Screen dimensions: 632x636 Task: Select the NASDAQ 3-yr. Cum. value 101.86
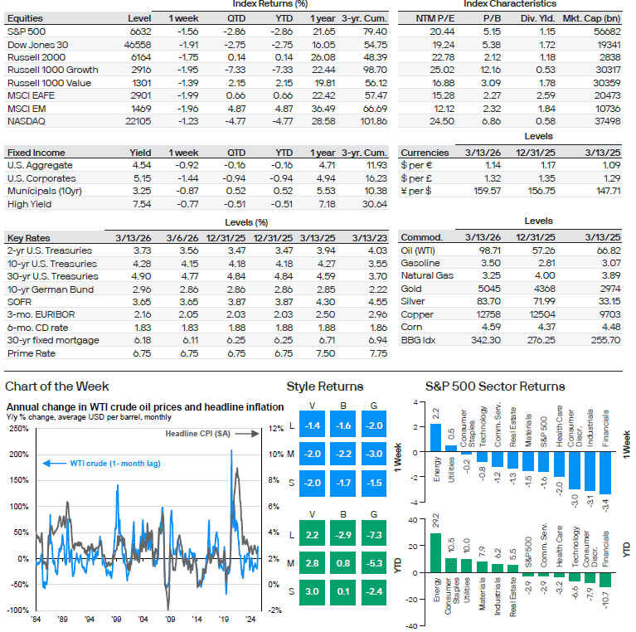click(x=373, y=122)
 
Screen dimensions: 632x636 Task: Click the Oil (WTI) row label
click(x=420, y=250)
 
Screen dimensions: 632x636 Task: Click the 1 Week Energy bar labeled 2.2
click(x=435, y=436)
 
